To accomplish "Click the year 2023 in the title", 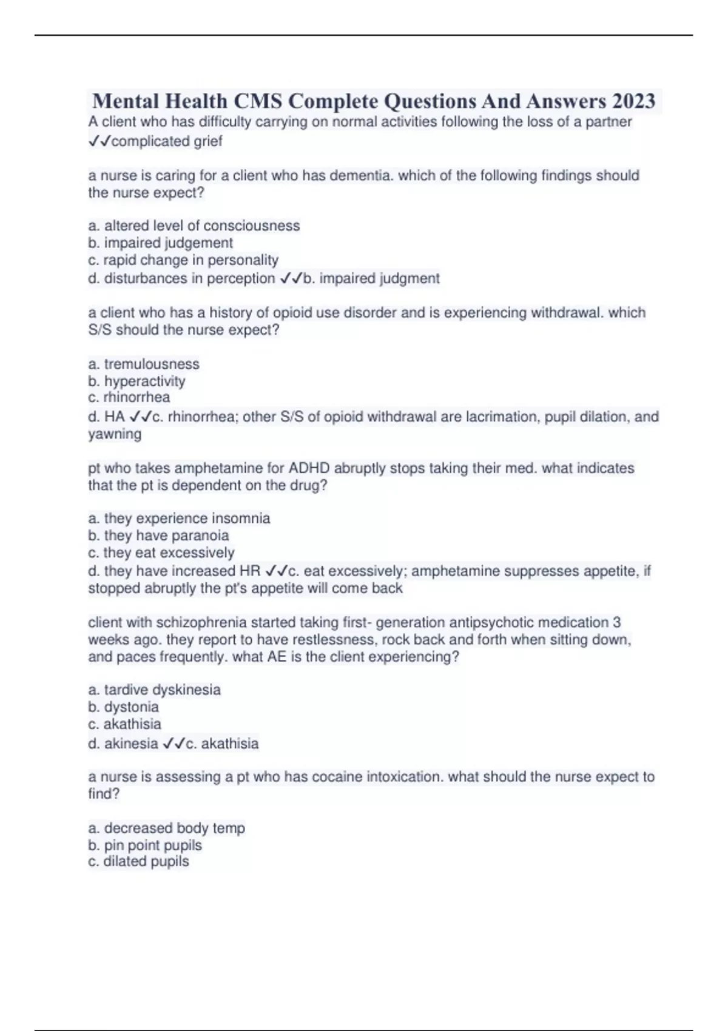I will click(x=633, y=101).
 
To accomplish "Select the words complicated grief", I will click(x=167, y=141).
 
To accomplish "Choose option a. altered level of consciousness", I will click(x=194, y=226).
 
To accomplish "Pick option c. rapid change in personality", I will click(x=183, y=260).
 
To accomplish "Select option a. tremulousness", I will click(x=144, y=364).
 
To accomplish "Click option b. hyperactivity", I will click(x=137, y=381).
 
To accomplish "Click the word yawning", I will click(x=115, y=434).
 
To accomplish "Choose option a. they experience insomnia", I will click(x=179, y=519).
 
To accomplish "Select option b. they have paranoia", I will click(x=158, y=536).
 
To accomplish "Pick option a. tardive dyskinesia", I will click(x=155, y=690).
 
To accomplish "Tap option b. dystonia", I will click(x=124, y=707).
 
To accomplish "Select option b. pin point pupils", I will click(x=145, y=845).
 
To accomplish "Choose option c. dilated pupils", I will click(x=139, y=862).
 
